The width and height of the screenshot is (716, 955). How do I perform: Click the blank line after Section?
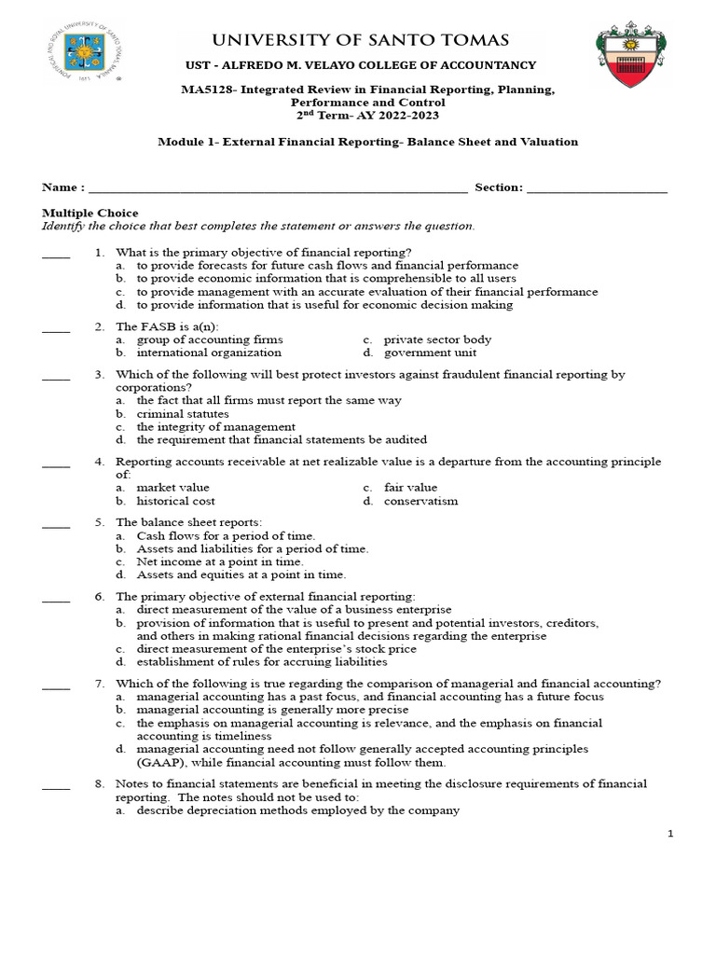pyautogui.click(x=597, y=188)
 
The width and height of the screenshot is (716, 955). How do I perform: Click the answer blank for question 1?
pyautogui.click(x=56, y=254)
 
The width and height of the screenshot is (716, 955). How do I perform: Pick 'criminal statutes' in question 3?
pyautogui.click(x=183, y=414)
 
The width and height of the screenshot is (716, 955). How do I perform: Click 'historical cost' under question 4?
pyautogui.click(x=176, y=501)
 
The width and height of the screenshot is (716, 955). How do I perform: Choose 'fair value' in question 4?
pyautogui.click(x=410, y=488)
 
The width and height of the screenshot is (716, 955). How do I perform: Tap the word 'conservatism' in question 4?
pyautogui.click(x=420, y=501)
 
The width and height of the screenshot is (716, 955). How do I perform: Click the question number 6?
pyautogui.click(x=98, y=597)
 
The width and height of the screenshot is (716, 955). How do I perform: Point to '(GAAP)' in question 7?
pyautogui.click(x=160, y=762)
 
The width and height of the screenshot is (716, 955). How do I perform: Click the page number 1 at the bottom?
pyautogui.click(x=669, y=834)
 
